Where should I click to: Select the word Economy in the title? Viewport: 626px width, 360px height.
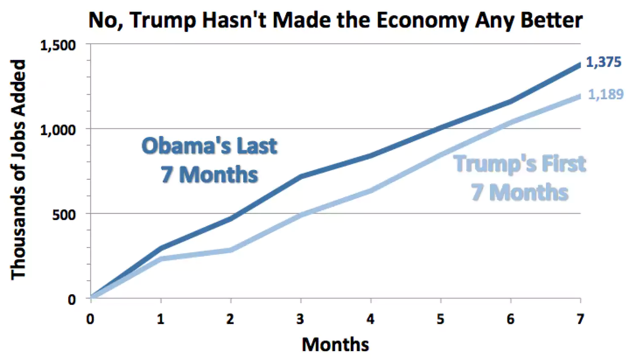pyautogui.click(x=423, y=21)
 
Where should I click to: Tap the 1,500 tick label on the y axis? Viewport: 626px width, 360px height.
pyautogui.click(x=58, y=45)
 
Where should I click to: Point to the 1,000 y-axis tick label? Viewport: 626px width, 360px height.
pyautogui.click(x=58, y=130)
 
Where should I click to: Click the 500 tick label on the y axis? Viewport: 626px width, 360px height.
pyautogui.click(x=64, y=215)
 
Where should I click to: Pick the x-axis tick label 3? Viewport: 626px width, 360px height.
pyautogui.click(x=300, y=319)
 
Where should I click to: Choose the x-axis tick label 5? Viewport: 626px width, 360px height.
pyautogui.click(x=441, y=319)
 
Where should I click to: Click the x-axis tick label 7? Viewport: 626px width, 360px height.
pyautogui.click(x=580, y=319)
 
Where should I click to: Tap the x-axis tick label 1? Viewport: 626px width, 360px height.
pyautogui.click(x=161, y=319)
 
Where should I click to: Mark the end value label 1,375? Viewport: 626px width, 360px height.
pyautogui.click(x=604, y=62)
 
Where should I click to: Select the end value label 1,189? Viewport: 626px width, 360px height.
pyautogui.click(x=606, y=94)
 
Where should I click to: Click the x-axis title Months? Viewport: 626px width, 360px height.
pyautogui.click(x=335, y=344)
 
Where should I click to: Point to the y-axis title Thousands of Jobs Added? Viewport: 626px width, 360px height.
pyautogui.click(x=18, y=170)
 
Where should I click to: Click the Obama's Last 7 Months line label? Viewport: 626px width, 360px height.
pyautogui.click(x=209, y=160)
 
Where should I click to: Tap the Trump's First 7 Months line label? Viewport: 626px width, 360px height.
pyautogui.click(x=520, y=178)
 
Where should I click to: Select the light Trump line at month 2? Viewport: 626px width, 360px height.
pyautogui.click(x=231, y=250)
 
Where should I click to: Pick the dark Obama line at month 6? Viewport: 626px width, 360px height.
pyautogui.click(x=511, y=101)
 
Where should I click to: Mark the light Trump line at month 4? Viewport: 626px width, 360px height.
pyautogui.click(x=371, y=191)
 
